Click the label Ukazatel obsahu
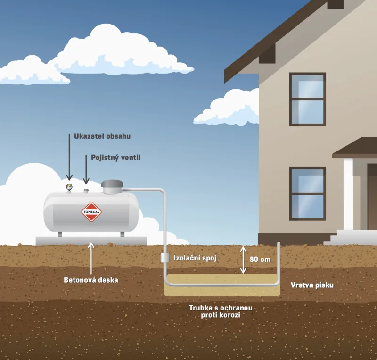[102, 136]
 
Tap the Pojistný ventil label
[115, 157]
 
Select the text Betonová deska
[91, 280]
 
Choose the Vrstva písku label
[311, 285]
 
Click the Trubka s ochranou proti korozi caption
[221, 311]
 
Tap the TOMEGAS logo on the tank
[91, 211]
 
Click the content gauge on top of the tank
[70, 187]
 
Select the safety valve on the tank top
[86, 190]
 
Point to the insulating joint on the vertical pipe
[164, 258]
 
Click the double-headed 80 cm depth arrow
[243, 260]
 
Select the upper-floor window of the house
[307, 99]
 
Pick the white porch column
[348, 193]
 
